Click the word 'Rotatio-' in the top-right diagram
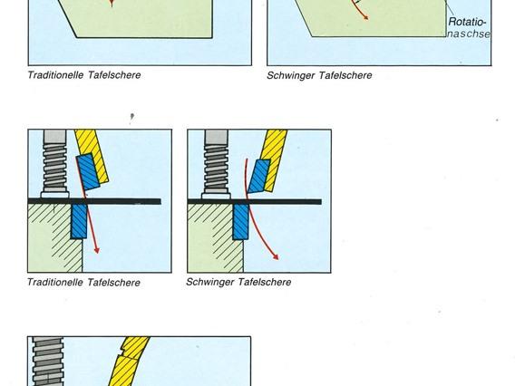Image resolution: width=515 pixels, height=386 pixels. tap(467, 22)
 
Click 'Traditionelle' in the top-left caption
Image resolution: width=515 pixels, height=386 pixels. tap(55, 75)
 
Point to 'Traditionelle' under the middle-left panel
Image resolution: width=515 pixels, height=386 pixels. tap(55, 283)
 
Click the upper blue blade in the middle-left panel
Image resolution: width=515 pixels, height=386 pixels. tap(88, 171)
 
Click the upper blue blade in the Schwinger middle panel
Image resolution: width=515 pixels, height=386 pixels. tap(258, 177)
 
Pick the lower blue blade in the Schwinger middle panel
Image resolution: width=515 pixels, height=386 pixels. tap(241, 222)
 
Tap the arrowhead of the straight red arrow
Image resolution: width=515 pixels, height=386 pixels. tap(96, 250)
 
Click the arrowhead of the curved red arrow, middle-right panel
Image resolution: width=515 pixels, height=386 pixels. tap(276, 256)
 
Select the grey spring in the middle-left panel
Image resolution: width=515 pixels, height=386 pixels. tap(54, 164)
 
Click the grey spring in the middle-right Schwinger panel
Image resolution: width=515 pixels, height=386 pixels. tap(216, 164)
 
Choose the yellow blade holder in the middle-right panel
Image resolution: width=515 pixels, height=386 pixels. tap(274, 159)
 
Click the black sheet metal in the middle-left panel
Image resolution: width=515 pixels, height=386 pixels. tap(94, 201)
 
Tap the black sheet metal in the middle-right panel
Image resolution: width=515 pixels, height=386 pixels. tap(255, 201)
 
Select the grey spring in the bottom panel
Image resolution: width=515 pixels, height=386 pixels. tap(48, 361)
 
